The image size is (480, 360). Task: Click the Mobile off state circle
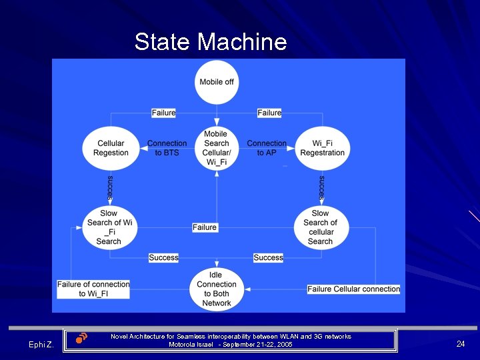tap(216, 82)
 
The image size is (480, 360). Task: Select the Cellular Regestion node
tap(111, 148)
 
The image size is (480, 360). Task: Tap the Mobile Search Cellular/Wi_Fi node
tap(216, 148)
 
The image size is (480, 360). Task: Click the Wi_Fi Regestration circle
tap(322, 148)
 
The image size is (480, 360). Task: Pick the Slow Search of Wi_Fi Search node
tap(109, 227)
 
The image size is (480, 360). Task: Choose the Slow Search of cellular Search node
tap(321, 227)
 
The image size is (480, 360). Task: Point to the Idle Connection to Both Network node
tap(216, 289)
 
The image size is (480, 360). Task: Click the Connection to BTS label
tap(167, 148)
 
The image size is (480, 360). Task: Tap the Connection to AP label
tap(267, 148)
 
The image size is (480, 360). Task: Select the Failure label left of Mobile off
tap(163, 113)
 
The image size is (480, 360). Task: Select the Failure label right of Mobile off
tap(269, 113)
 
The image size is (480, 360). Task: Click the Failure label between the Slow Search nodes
tap(205, 227)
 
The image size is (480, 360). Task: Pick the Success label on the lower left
tap(163, 257)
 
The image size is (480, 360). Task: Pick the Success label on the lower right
tap(268, 257)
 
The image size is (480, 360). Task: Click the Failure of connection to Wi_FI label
tap(93, 289)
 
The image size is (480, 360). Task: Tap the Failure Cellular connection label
tap(353, 289)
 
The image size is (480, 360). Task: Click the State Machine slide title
tap(211, 42)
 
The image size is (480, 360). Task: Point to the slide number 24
tap(461, 344)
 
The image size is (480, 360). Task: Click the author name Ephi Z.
tap(41, 344)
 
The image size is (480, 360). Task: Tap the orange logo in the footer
tap(81, 338)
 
